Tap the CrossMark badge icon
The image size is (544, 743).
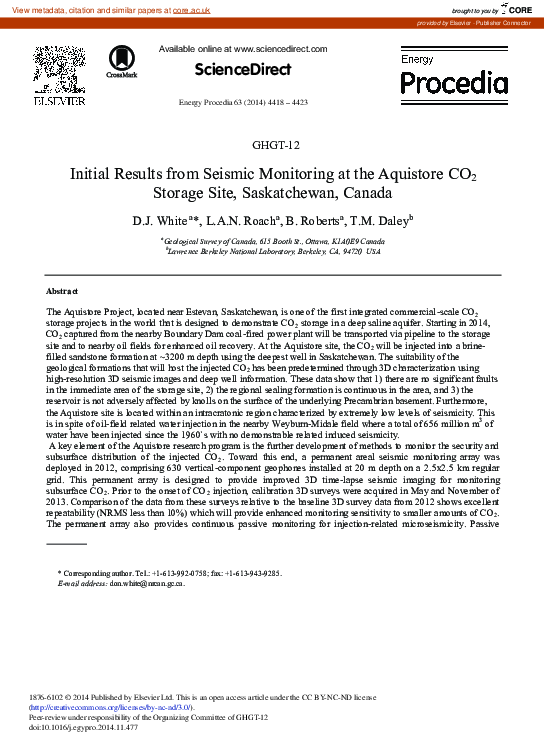pyautogui.click(x=121, y=62)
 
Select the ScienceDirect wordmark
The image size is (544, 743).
pyautogui.click(x=243, y=69)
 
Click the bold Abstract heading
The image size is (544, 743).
pyautogui.click(x=64, y=291)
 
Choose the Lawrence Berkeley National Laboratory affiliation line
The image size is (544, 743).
pyautogui.click(x=272, y=251)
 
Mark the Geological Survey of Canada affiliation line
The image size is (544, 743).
pyautogui.click(x=272, y=241)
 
